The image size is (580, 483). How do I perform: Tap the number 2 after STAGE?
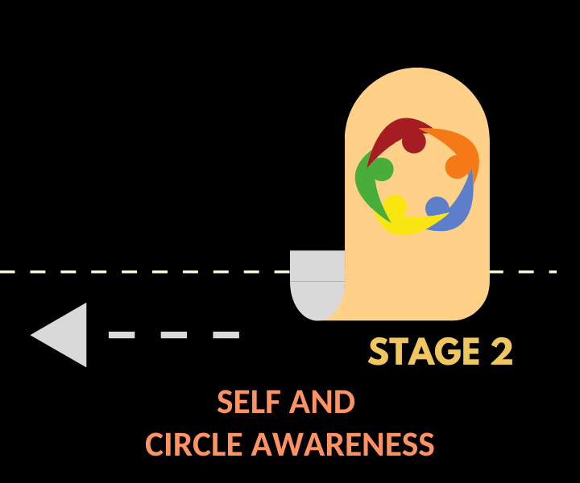pyautogui.click(x=500, y=352)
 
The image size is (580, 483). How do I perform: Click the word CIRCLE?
pyautogui.click(x=194, y=444)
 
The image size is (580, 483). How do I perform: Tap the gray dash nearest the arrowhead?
pyautogui.click(x=122, y=335)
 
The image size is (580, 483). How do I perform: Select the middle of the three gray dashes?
pyautogui.click(x=174, y=335)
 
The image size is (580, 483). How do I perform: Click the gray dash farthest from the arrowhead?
pyautogui.click(x=226, y=335)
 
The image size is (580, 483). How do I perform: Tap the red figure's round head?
pyautogui.click(x=413, y=142)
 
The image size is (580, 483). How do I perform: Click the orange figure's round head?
pyautogui.click(x=457, y=167)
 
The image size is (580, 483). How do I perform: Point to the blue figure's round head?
pyautogui.click(x=437, y=207)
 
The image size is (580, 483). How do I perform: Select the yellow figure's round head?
pyautogui.click(x=395, y=206)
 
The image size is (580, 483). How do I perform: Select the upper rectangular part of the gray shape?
pyautogui.click(x=317, y=266)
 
